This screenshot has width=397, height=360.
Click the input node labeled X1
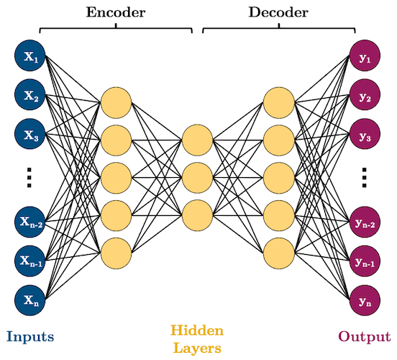[x=30, y=56]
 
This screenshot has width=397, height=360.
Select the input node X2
[x=30, y=94]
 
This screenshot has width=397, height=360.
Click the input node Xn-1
[x=30, y=261]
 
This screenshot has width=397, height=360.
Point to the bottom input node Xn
[x=30, y=300]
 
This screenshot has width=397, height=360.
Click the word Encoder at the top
[x=116, y=12]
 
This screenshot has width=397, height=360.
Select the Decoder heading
[x=278, y=12]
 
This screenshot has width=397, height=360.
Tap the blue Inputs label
[x=31, y=336]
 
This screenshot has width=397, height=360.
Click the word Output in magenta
[x=364, y=336]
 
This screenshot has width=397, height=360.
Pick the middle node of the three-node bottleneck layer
[x=197, y=175]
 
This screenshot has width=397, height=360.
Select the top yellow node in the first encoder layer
[x=116, y=102]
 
